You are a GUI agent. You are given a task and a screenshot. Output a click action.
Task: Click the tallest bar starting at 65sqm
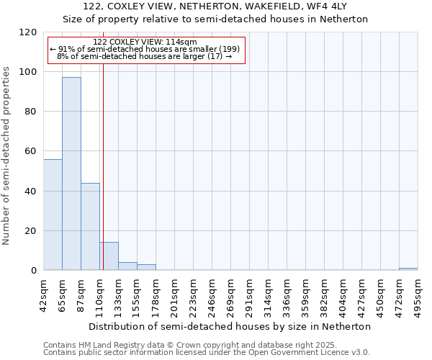(x=71, y=174)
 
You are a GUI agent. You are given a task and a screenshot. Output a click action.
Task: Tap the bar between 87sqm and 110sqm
(x=90, y=227)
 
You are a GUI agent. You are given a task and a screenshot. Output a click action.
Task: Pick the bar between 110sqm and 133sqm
(x=109, y=256)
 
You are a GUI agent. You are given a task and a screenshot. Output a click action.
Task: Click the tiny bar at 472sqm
(x=408, y=269)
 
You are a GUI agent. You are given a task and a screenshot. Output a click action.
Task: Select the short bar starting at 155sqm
(x=146, y=267)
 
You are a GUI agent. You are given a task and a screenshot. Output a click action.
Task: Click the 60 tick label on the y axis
(x=31, y=151)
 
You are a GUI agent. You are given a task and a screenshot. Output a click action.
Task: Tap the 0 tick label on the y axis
(x=34, y=271)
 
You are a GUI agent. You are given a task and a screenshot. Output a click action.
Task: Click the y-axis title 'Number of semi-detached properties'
(x=7, y=152)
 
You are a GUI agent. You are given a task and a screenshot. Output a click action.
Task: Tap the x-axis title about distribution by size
(x=230, y=326)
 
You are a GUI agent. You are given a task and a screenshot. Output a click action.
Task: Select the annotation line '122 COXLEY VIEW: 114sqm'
(x=145, y=42)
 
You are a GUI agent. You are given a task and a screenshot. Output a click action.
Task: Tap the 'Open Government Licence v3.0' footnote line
(x=207, y=352)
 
